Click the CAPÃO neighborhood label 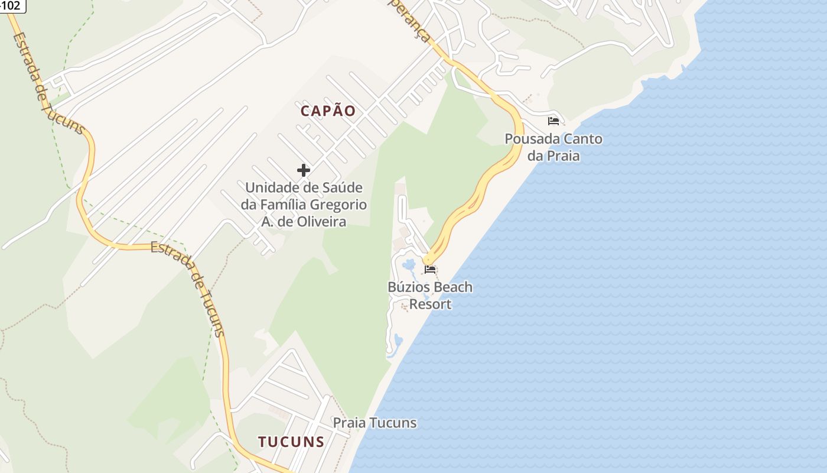coord(328,111)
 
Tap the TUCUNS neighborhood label coord(291,442)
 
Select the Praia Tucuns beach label coord(375,423)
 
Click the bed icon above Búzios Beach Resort coord(430,270)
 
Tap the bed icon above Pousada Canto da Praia coord(553,121)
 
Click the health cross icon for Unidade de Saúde coord(304,170)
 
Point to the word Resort coord(430,304)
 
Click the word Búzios coord(409,287)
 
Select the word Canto coord(581,139)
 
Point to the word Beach coord(452,287)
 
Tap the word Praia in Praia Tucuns coord(349,423)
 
